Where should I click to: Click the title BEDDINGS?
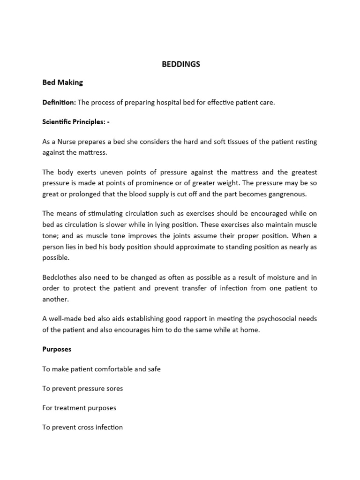180,64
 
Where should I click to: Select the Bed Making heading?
62,82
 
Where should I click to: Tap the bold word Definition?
59,102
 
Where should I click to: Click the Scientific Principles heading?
75,122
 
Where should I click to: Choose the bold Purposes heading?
56,349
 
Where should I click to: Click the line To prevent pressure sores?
82,389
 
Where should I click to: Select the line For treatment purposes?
79,408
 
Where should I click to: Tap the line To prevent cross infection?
82,427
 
